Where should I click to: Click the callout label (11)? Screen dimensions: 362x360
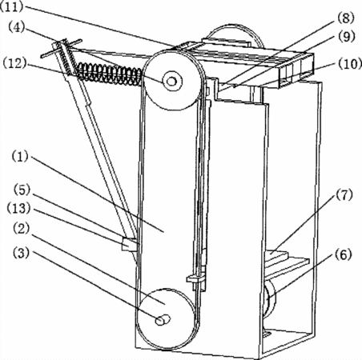pyautogui.click(x=12, y=6)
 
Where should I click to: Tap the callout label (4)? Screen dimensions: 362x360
pyautogui.click(x=17, y=27)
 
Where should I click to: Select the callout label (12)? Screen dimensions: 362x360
pyautogui.click(x=15, y=63)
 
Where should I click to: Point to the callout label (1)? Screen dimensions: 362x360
pyautogui.click(x=20, y=156)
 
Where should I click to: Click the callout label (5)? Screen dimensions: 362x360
pyautogui.click(x=22, y=190)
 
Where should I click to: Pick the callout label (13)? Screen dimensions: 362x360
pyautogui.click(x=18, y=208)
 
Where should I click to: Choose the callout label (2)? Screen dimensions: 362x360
pyautogui.click(x=21, y=229)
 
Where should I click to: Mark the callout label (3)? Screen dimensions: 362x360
pyautogui.click(x=21, y=253)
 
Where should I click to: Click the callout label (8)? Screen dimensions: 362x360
pyautogui.click(x=346, y=18)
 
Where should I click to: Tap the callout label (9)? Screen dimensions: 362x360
pyautogui.click(x=347, y=37)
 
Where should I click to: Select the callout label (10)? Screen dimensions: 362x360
pyautogui.click(x=350, y=64)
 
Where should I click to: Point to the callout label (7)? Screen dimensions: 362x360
pyautogui.click(x=344, y=195)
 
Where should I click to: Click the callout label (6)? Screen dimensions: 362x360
pyautogui.click(x=344, y=255)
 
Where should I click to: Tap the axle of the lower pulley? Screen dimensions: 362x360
pyautogui.click(x=163, y=319)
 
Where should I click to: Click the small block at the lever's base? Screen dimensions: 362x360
pyautogui.click(x=129, y=244)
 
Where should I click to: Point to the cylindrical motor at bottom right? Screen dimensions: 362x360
pyautogui.click(x=270, y=302)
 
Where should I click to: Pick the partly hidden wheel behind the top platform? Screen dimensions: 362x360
pyautogui.click(x=235, y=34)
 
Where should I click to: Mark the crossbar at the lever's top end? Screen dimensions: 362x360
pyautogui.click(x=62, y=48)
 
